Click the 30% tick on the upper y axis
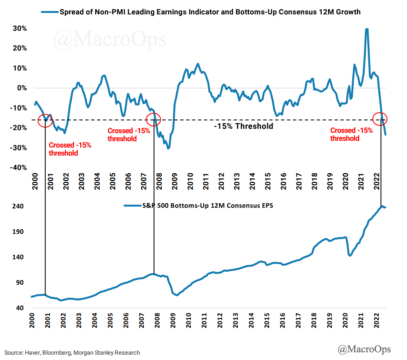[20, 28]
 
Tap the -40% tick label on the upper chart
[18, 167]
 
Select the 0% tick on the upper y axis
[22, 88]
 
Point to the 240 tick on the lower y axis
[18, 206]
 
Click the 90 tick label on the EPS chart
[20, 282]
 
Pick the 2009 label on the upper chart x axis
[175, 181]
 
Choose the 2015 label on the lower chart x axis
[267, 320]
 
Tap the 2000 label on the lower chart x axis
[32, 320]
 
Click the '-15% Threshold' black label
[243, 126]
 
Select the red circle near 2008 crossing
[154, 119]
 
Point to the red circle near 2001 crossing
[45, 120]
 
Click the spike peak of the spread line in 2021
[367, 29]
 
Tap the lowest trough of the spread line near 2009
[168, 148]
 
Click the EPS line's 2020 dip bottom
[350, 256]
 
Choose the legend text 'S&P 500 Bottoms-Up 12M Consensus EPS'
[208, 205]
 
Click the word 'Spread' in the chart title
[71, 12]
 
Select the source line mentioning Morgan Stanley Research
[72, 353]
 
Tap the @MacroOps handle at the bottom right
[364, 349]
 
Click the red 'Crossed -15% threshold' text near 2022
[351, 134]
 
